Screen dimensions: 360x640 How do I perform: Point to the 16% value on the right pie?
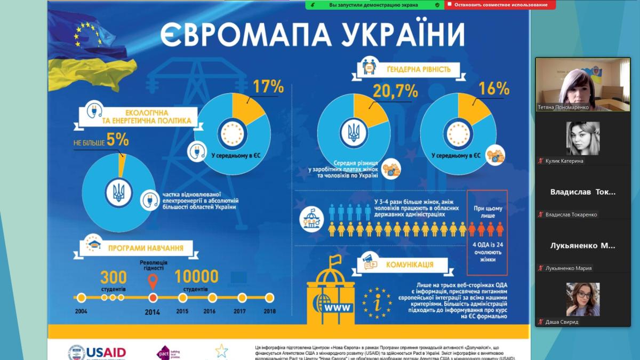coord(494,89)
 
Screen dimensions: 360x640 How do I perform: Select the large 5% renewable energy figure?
coord(117,140)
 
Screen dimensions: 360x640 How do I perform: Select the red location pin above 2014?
coord(153,281)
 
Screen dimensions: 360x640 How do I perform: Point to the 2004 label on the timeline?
coord(81,311)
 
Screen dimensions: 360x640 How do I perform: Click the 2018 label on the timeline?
coord(269,311)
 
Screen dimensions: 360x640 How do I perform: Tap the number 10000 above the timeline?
coord(196,276)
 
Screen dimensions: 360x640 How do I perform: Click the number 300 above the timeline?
coord(114,277)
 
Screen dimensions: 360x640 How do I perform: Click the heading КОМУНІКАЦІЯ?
coord(410,264)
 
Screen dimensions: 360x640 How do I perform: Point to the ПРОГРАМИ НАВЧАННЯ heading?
coord(146,247)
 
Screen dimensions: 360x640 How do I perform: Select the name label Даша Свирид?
coord(562,322)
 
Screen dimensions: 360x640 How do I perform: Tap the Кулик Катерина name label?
coord(564,161)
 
